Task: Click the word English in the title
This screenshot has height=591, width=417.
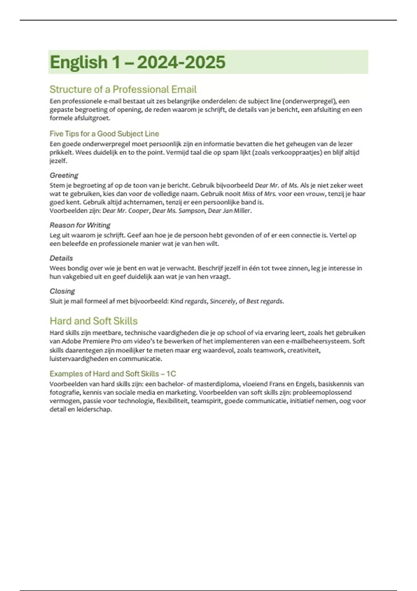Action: point(79,63)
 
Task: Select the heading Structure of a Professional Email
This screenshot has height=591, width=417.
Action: point(123,89)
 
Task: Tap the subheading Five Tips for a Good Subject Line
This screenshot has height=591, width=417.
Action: point(104,134)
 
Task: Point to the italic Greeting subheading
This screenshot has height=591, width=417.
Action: point(64,175)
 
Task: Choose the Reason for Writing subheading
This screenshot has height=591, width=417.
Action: point(80,225)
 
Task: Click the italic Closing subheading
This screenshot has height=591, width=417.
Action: point(62,291)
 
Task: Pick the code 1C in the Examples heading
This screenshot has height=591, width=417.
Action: point(171,374)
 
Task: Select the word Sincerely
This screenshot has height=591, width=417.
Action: point(223,301)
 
